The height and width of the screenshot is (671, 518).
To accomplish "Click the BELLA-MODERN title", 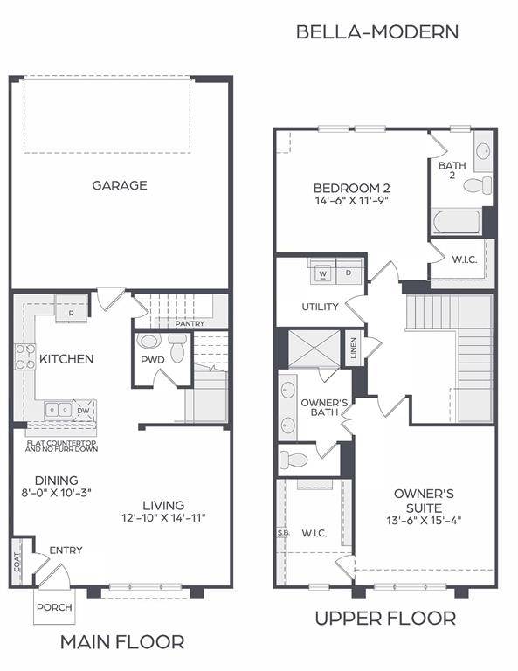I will point(376,32).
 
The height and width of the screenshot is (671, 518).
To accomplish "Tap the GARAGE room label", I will point(120,185).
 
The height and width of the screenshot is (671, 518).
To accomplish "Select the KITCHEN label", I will point(66,359).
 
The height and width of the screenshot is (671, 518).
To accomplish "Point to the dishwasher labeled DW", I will point(82,410).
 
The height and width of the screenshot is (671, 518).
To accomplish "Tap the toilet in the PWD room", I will point(178,350).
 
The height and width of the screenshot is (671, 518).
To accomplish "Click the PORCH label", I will point(54,607).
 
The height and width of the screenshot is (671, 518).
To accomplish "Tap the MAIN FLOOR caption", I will point(121,642).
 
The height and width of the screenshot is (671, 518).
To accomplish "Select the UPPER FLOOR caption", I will point(384,619).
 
